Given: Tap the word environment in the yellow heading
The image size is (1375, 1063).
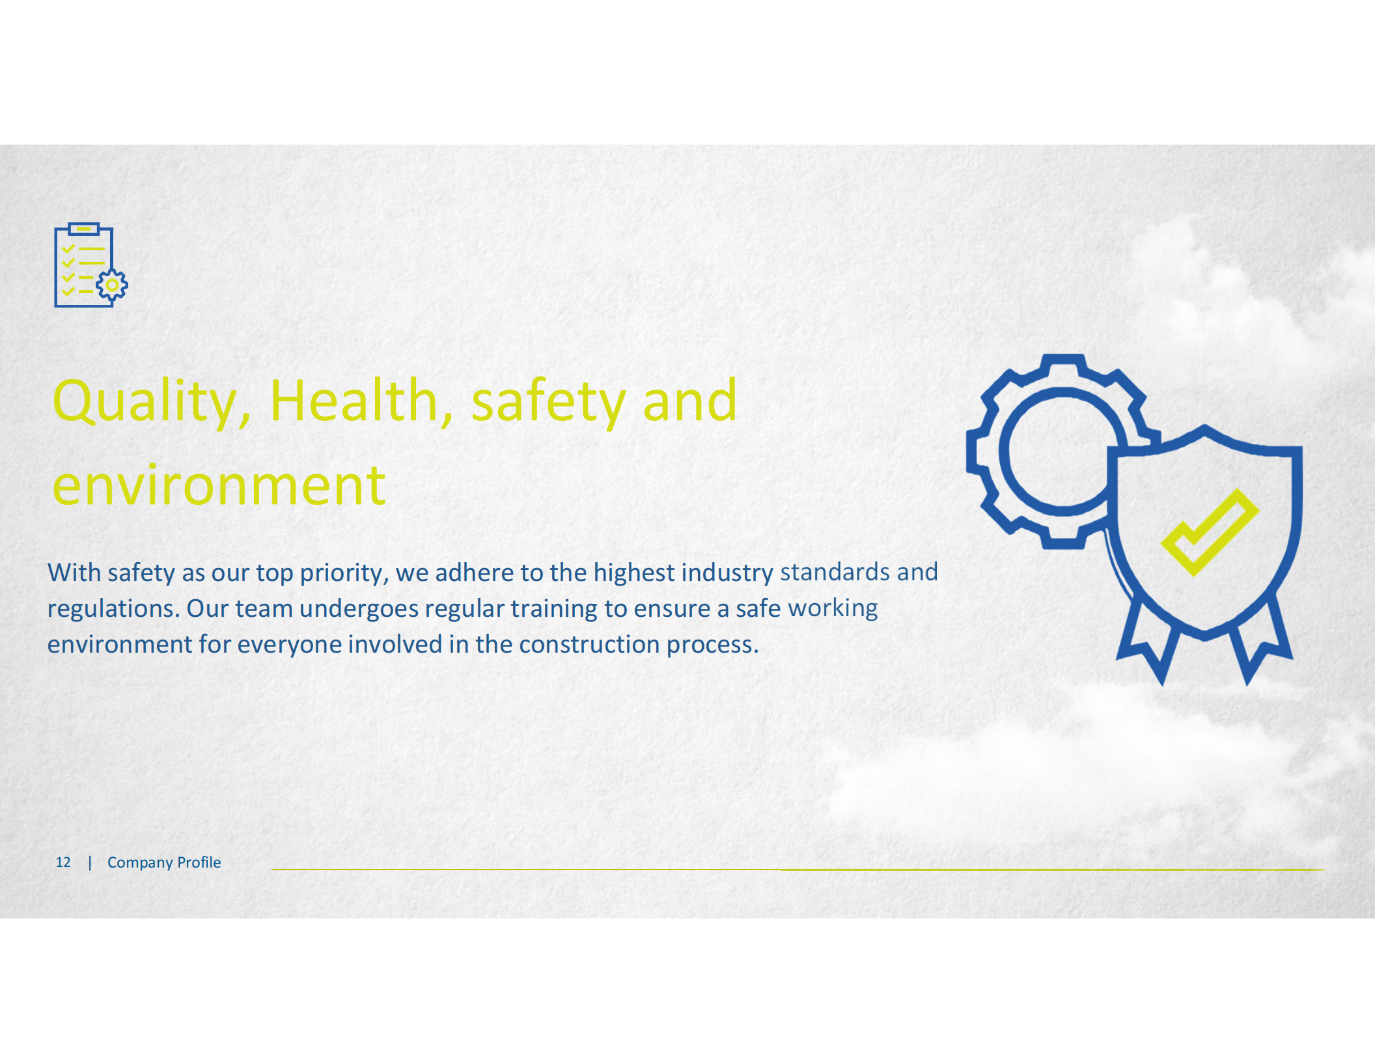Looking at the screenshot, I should (x=219, y=486).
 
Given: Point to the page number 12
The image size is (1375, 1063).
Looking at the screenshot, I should (x=63, y=862).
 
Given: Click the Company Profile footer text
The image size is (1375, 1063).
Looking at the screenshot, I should (x=164, y=862).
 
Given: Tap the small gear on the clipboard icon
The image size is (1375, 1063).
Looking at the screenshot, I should (x=112, y=285).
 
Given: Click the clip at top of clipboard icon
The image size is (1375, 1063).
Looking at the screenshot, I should (x=83, y=229).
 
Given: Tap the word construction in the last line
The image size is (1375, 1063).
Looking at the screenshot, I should (x=589, y=645).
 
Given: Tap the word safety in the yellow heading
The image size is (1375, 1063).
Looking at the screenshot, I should (x=548, y=401).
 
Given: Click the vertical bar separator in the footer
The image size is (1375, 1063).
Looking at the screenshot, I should (x=90, y=862).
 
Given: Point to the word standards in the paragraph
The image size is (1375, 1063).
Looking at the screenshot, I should (x=835, y=573).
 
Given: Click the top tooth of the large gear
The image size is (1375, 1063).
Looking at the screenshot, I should (x=1062, y=365).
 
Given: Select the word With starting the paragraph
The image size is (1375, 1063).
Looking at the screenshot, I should (x=74, y=573).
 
